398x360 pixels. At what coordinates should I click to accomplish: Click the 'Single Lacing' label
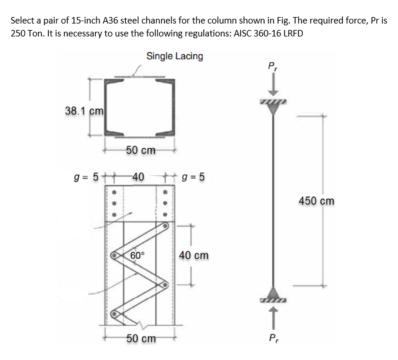point(175,56)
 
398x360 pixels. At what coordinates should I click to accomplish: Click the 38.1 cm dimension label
point(84,111)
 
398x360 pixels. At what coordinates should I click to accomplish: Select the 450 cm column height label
point(316,201)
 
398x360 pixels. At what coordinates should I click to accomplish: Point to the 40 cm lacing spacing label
point(193,256)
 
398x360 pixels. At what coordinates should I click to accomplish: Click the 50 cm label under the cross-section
point(141,150)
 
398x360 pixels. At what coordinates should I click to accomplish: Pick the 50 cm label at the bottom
point(141,339)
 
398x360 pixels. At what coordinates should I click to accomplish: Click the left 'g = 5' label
point(84,176)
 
